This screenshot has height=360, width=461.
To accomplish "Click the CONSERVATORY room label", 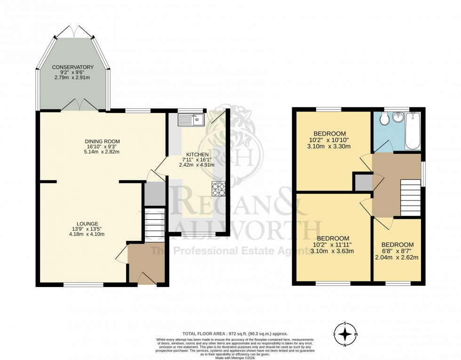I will click(72, 67).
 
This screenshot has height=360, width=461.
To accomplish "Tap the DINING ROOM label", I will click(102, 141).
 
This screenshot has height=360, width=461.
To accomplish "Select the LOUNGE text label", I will click(88, 224).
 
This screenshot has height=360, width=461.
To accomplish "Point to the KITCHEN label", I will click(197, 154).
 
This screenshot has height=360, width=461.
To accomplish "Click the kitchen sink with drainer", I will click(190, 120).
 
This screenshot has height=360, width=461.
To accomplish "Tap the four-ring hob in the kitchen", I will click(218, 188).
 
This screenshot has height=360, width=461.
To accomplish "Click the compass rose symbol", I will click(346, 334).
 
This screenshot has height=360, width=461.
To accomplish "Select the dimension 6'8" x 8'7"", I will click(397, 251).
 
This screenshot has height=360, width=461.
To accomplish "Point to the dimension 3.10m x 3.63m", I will click(332, 251).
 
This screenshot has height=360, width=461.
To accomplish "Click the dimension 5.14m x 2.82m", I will click(102, 152).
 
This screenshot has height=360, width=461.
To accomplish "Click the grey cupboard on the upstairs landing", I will click(363, 183).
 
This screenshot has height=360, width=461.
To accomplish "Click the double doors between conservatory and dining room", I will click(79, 106).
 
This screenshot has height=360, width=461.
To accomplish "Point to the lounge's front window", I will click(83, 284).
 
